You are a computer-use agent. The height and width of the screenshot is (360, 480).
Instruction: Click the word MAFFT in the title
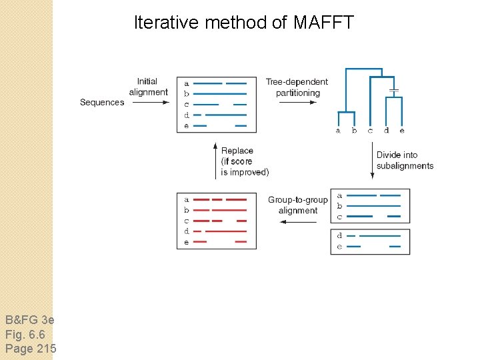pos(323,23)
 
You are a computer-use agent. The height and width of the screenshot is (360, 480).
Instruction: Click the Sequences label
pos(102,102)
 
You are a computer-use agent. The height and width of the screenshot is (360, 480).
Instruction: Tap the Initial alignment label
pos(148,87)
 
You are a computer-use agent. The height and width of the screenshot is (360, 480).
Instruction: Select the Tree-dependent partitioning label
pos(297,87)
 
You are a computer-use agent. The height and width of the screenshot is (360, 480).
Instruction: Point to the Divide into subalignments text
pos(405,161)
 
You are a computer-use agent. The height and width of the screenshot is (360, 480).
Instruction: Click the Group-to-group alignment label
pos(297,205)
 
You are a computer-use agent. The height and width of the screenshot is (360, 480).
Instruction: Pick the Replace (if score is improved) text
pos(245,161)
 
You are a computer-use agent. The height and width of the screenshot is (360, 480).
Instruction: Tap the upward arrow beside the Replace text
pos(215,159)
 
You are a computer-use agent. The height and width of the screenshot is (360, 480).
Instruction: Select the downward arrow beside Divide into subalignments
pos(372,161)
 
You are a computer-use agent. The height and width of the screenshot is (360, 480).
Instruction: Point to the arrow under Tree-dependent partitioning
pos(297,102)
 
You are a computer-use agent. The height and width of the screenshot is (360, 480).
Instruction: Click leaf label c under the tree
pos(370,131)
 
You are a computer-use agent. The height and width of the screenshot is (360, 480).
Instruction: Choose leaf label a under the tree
pos(338,131)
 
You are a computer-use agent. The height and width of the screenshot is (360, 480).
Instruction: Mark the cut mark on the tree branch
pos(393,89)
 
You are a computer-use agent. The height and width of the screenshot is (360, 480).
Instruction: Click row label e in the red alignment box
pos(187,242)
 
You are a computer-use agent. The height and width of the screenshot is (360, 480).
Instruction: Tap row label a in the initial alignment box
pos(187,83)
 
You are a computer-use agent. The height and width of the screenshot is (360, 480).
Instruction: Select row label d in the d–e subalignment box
pos(339,236)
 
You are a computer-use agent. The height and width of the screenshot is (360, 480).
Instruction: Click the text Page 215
pos(31,349)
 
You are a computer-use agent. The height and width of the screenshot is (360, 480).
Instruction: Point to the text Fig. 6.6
pos(25,334)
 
